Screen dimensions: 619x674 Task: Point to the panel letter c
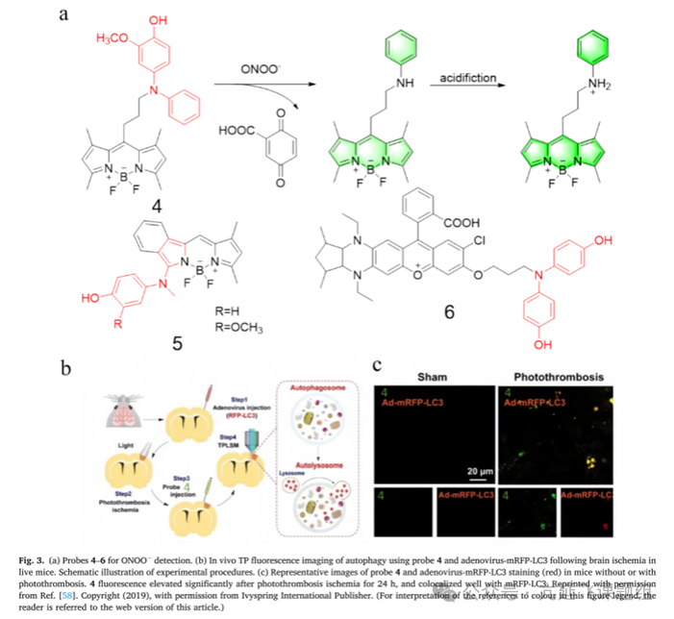tap(378, 365)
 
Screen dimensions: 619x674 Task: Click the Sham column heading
tap(428, 376)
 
